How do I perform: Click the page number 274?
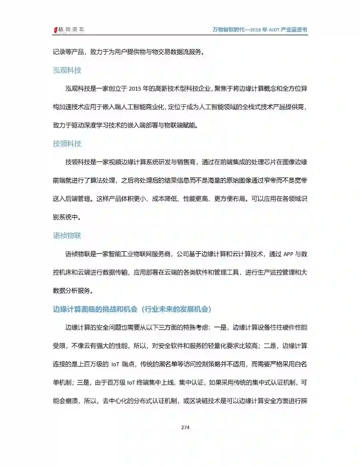click(185, 427)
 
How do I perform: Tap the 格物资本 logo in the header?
click(69, 30)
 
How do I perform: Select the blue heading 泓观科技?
click(67, 70)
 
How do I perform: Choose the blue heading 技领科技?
click(67, 143)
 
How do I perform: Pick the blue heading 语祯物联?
click(67, 236)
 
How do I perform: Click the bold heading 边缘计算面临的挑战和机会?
click(95, 309)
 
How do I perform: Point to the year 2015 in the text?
click(135, 89)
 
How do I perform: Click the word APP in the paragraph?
click(288, 254)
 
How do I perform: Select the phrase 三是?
click(83, 382)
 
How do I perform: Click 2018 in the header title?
click(255, 30)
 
